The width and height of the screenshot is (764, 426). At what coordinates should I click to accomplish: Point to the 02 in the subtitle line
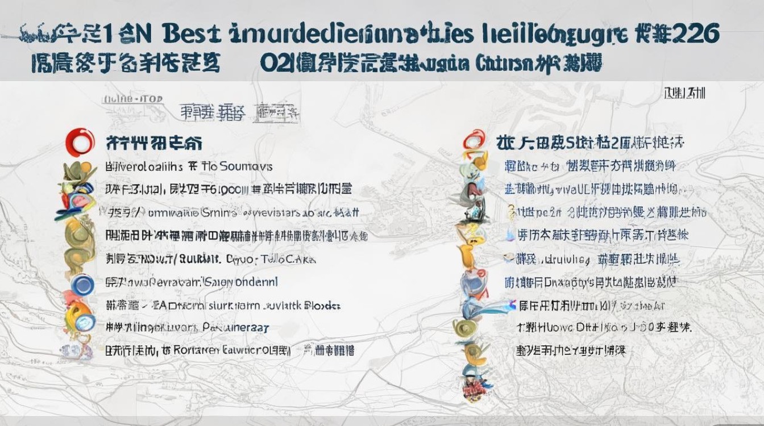point(272,63)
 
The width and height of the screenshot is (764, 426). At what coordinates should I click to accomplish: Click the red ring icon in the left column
point(79,142)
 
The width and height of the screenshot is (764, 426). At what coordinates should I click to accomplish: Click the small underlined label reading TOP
point(150,99)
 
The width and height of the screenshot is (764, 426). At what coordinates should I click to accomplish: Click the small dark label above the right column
point(685,92)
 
